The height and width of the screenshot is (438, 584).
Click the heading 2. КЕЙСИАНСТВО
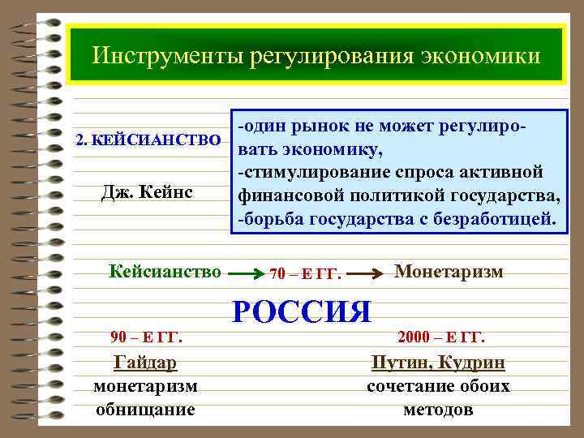[148, 139]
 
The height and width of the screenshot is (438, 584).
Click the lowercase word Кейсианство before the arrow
[165, 271]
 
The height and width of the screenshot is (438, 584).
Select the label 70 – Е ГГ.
[303, 274]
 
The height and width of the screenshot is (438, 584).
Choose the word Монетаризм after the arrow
[449, 271]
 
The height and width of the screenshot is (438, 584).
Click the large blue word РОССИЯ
[302, 311]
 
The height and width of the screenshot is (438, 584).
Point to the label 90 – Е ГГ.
[146, 337]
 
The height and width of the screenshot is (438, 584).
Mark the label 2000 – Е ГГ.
[442, 337]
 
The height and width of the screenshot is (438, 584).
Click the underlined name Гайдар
[146, 363]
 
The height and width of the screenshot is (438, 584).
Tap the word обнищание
[146, 409]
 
